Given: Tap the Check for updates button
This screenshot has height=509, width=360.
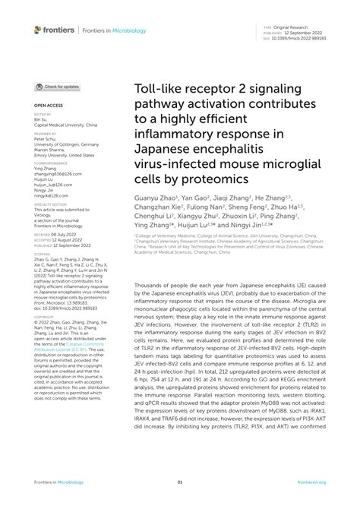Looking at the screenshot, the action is pyautogui.click(x=58, y=87).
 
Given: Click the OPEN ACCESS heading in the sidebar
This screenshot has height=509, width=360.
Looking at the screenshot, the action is pyautogui.click(x=47, y=106).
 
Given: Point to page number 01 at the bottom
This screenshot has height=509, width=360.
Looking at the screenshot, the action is pyautogui.click(x=180, y=482).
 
